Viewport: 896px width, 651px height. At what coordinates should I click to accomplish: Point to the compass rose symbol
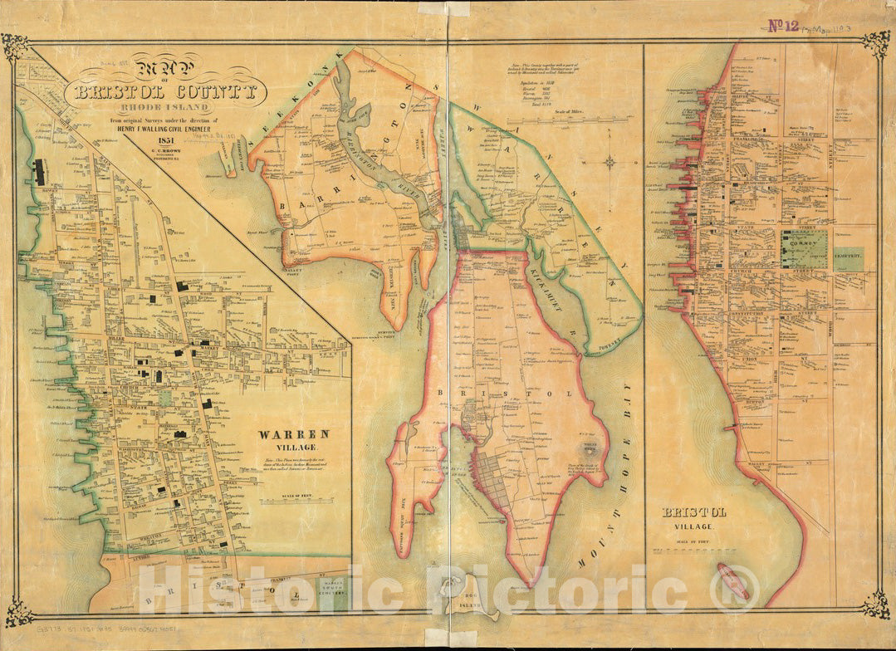click(x=610, y=161)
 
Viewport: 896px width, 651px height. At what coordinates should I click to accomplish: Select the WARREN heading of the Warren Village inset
click(x=293, y=433)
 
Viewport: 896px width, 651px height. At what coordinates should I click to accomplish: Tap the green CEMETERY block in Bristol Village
click(x=849, y=259)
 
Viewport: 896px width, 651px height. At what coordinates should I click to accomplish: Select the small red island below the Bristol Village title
click(x=732, y=580)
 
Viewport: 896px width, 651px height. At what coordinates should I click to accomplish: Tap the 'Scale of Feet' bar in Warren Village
click(x=293, y=501)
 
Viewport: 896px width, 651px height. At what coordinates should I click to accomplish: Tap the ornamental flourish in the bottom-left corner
click(x=18, y=613)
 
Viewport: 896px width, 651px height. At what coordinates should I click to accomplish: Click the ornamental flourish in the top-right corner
click(x=875, y=43)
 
